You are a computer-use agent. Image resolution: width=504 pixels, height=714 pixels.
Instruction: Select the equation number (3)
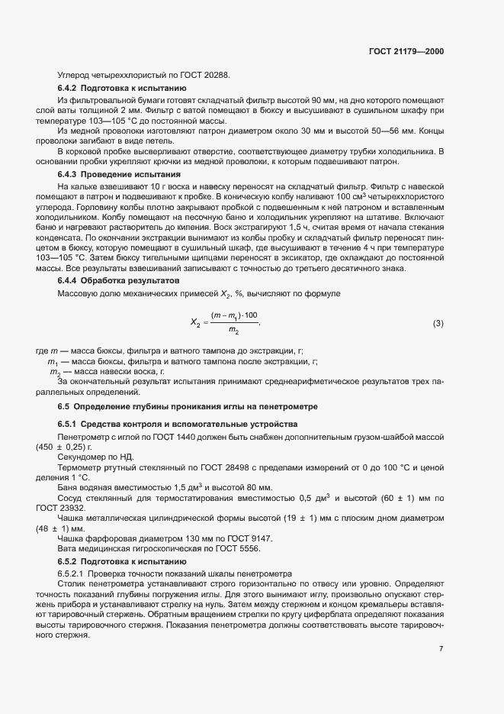438,323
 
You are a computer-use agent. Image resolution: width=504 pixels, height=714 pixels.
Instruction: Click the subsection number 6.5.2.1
74,573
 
